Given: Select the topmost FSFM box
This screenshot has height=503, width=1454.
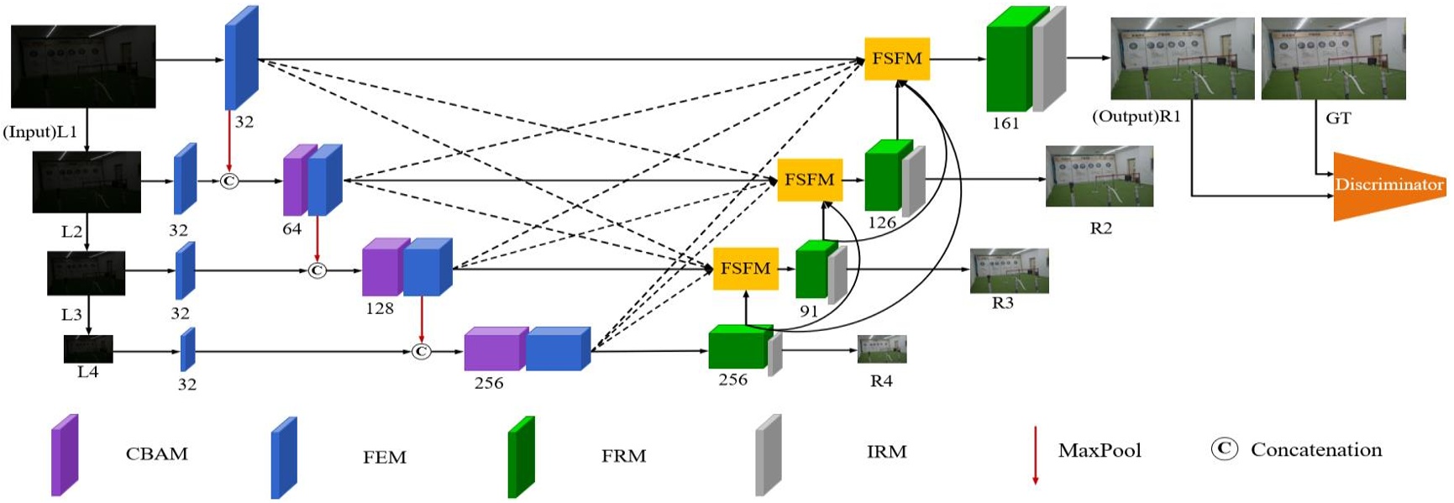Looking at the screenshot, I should coord(896,59).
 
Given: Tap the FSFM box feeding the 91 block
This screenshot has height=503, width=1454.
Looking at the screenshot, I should coord(745,269).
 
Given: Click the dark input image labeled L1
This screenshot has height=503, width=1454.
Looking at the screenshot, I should coord(83,66).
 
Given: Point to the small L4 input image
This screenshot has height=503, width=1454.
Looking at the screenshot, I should coord(88,348).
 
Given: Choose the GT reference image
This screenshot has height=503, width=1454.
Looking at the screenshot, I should coord(1333,59).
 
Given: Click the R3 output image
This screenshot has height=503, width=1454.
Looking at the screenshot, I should coord(1009,270).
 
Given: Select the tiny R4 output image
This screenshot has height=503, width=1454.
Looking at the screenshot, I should coord(881,349).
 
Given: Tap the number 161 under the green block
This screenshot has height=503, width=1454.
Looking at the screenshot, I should coord(1005,123).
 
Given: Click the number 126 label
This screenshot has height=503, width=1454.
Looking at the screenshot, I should coord(882,223).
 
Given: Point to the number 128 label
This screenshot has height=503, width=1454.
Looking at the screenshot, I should coord(380,308).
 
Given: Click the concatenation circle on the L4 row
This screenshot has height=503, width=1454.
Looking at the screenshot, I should coord(422,351).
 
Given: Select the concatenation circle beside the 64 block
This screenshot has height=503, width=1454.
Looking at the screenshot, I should coord(228,181).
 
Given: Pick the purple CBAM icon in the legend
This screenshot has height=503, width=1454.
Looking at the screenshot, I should coord(65,455).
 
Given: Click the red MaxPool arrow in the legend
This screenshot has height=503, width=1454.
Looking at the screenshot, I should coord(1035,455).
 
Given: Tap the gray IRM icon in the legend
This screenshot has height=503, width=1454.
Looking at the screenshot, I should coord(768,455).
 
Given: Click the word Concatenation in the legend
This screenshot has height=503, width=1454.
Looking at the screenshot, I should coord(1315,450).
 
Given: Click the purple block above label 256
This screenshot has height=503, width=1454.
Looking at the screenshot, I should coord(494,348).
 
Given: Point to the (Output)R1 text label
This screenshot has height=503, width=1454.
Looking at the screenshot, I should coord(1136,117).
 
